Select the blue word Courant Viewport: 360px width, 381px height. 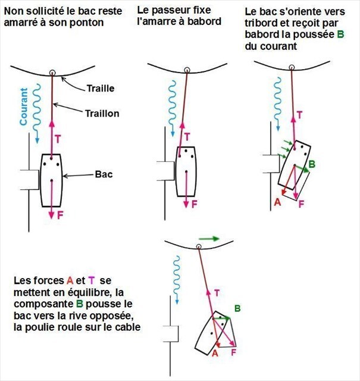(x=24, y=107)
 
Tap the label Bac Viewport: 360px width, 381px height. (x=104, y=175)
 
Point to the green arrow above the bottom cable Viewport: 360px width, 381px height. (x=209, y=239)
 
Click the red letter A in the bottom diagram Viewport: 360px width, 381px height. (x=215, y=352)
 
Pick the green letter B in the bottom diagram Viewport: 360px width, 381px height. (x=237, y=308)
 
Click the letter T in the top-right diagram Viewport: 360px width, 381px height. (x=299, y=114)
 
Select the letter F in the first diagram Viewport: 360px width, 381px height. (x=60, y=215)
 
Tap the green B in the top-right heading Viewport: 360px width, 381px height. (x=340, y=34)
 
